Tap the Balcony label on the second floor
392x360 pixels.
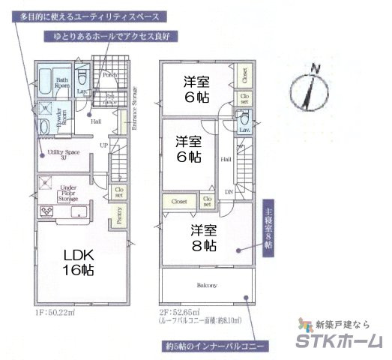click(208, 286)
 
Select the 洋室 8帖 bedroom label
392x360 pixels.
click(202, 237)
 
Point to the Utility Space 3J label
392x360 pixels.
click(59, 154)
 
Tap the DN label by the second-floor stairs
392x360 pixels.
click(229, 193)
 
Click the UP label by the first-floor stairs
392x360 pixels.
click(104, 145)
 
